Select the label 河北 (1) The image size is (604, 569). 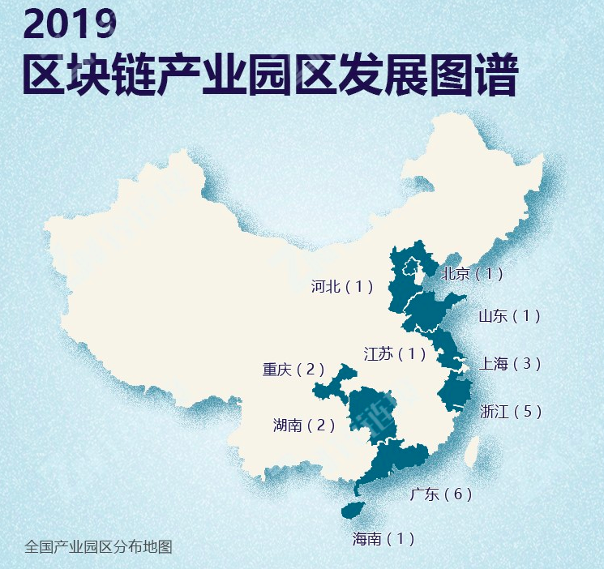point(341,286)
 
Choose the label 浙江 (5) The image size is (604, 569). point(510,412)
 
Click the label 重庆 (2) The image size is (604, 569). point(293,370)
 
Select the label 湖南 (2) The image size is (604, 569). point(304,425)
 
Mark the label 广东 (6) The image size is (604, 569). point(441,494)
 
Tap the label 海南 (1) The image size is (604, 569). point(383,538)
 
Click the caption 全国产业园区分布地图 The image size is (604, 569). point(98,546)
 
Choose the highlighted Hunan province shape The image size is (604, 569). point(369,413)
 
